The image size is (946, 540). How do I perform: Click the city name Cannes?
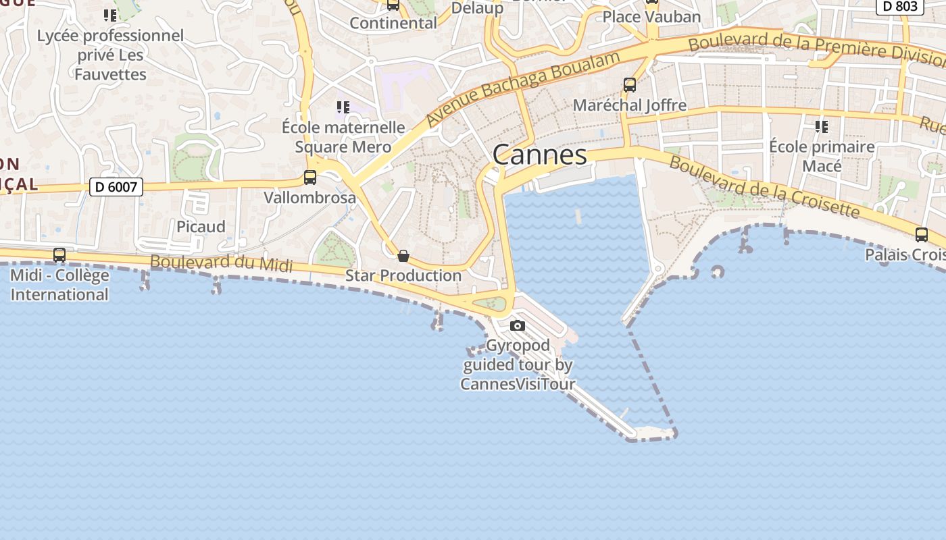pyautogui.click(x=539, y=155)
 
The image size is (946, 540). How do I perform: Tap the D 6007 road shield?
pyautogui.click(x=116, y=187)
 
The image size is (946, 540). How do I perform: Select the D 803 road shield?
pyautogui.click(x=900, y=7)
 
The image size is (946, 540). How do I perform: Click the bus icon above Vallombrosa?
pyautogui.click(x=310, y=178)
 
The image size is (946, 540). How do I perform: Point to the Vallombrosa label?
pyautogui.click(x=309, y=198)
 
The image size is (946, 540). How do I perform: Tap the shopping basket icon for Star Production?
pyautogui.click(x=403, y=256)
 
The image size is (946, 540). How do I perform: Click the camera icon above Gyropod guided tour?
pyautogui.click(x=518, y=325)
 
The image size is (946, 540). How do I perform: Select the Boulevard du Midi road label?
pyautogui.click(x=222, y=263)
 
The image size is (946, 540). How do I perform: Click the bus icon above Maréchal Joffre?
pyautogui.click(x=630, y=85)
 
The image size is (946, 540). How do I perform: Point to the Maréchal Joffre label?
pyautogui.click(x=630, y=105)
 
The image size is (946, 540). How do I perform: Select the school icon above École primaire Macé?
pyautogui.click(x=822, y=126)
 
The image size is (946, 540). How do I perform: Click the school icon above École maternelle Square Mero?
pyautogui.click(x=343, y=107)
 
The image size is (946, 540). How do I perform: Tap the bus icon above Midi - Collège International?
pyautogui.click(x=59, y=255)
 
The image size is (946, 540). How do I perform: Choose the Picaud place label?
pyautogui.click(x=201, y=227)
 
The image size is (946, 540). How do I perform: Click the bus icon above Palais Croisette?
pyautogui.click(x=921, y=235)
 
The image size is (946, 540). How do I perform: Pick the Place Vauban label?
pyautogui.click(x=651, y=17)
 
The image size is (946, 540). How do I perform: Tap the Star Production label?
pyautogui.click(x=403, y=275)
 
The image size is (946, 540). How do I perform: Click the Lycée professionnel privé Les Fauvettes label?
pyautogui.click(x=110, y=55)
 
